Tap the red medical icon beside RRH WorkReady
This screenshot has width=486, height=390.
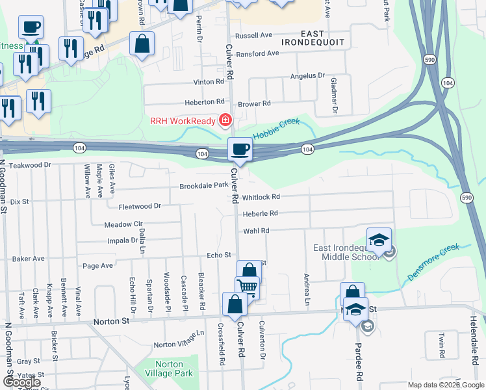pos(225,120)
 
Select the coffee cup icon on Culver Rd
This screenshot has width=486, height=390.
pos(240,149)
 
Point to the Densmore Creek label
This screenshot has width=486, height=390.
pos(433,262)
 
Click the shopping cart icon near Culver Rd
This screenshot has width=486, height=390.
pos(248,286)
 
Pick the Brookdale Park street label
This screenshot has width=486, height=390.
pos(203,185)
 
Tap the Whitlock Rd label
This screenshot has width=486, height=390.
pos(261,197)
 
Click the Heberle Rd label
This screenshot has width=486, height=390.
pos(260,213)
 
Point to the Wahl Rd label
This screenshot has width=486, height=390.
pos(255,231)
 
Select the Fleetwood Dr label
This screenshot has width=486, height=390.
pos(139,206)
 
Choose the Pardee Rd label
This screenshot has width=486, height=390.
pos(358,357)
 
